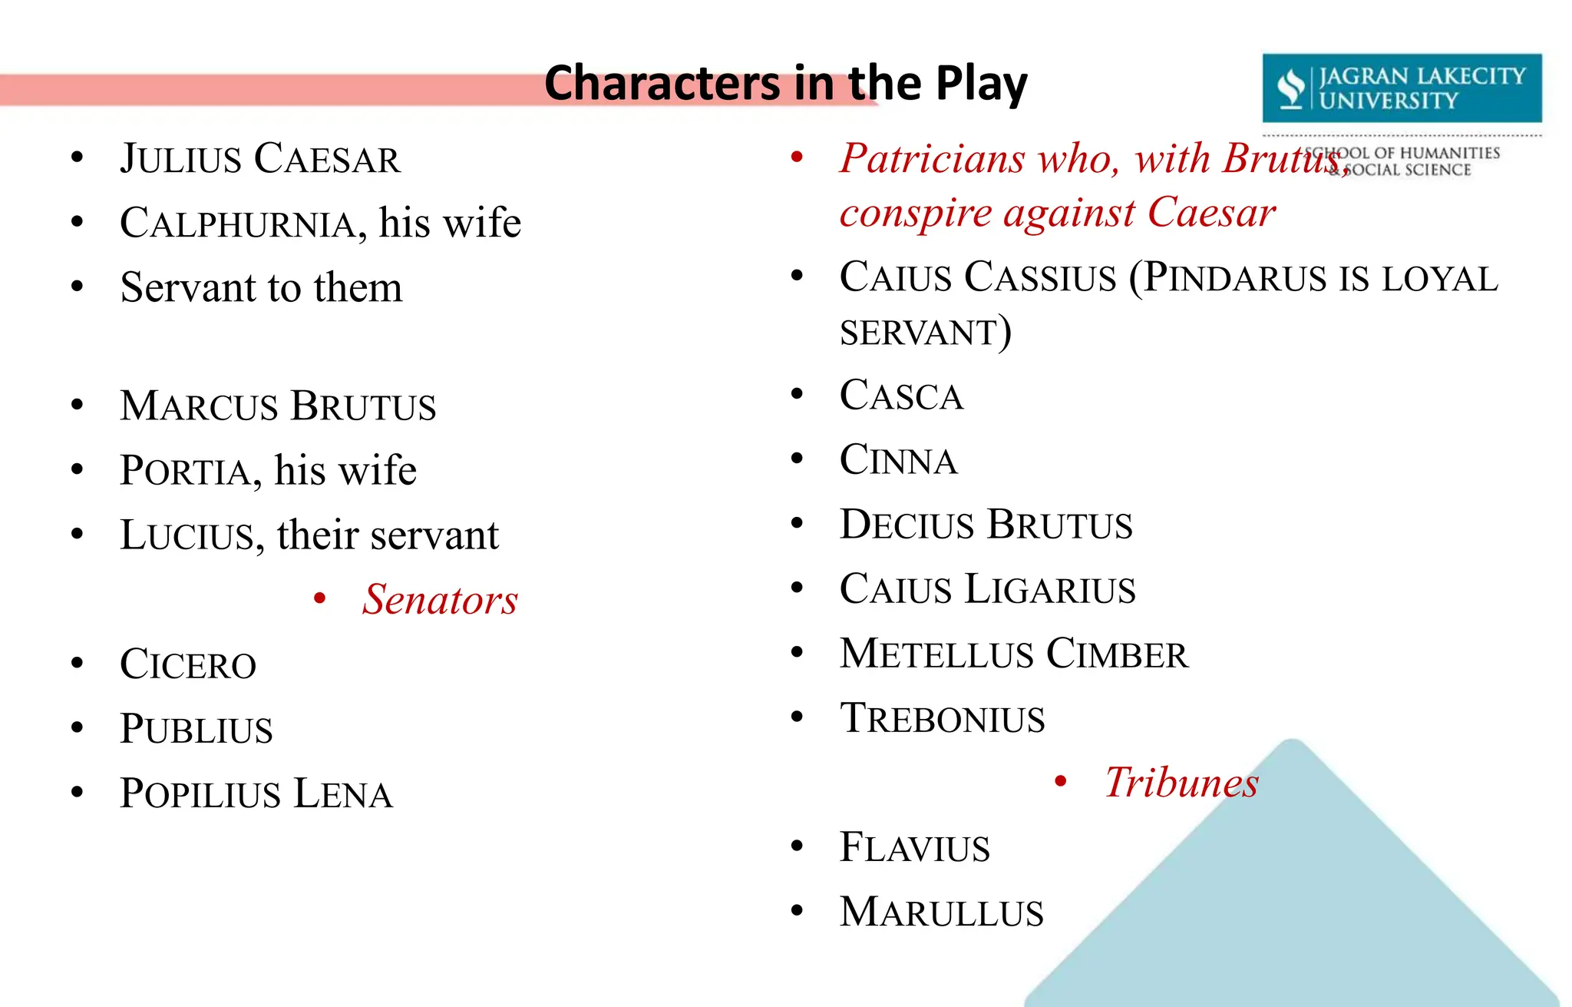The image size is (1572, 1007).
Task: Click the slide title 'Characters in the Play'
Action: [785, 83]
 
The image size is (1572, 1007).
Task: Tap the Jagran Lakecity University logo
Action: [1401, 88]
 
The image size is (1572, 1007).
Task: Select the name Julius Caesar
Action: [260, 159]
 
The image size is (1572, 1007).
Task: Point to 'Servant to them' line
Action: [261, 288]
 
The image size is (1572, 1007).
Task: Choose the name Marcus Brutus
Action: [278, 406]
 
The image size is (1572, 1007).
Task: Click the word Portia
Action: [185, 471]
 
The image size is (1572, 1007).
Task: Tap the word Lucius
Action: [187, 535]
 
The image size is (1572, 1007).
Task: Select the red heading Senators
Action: [440, 600]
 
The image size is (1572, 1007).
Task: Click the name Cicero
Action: [188, 664]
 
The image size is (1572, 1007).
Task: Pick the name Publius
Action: [196, 729]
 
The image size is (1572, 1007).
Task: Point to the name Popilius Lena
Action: [256, 793]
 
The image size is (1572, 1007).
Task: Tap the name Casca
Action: [901, 396]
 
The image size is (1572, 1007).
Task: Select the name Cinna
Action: [898, 460]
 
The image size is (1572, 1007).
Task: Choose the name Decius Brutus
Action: [986, 525]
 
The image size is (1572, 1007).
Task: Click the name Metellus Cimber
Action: [1013, 654]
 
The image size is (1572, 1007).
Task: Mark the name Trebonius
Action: [942, 718]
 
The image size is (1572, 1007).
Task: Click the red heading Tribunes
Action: [1181, 783]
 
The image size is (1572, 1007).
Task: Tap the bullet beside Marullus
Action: [797, 912]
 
